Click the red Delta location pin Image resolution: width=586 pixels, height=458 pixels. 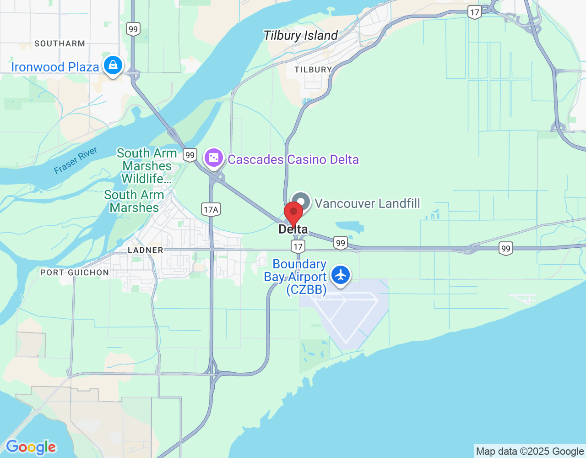pyautogui.click(x=293, y=213)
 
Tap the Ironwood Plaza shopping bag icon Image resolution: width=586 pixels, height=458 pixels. pyautogui.click(x=113, y=65)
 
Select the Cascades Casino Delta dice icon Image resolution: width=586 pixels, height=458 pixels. pyautogui.click(x=213, y=158)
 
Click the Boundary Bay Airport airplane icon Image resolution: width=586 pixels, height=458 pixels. pyautogui.click(x=341, y=276)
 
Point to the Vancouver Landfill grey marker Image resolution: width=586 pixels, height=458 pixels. pyautogui.click(x=301, y=202)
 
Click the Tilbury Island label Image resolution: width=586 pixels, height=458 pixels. pyautogui.click(x=300, y=36)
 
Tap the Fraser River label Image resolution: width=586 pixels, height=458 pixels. pyautogui.click(x=76, y=161)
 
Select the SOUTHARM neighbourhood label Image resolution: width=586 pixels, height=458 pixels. pyautogui.click(x=60, y=44)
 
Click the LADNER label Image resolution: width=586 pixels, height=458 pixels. pyautogui.click(x=145, y=250)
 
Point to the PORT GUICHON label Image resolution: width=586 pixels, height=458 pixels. pyautogui.click(x=75, y=273)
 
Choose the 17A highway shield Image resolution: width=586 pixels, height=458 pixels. pyautogui.click(x=211, y=210)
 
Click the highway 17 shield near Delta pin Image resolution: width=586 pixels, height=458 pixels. pyautogui.click(x=298, y=247)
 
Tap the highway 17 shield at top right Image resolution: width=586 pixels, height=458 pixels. pyautogui.click(x=475, y=12)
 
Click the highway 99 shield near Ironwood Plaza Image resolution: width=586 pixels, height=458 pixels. pyautogui.click(x=133, y=29)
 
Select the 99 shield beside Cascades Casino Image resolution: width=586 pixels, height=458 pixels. pyautogui.click(x=190, y=155)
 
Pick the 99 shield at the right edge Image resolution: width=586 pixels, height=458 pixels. pyautogui.click(x=505, y=249)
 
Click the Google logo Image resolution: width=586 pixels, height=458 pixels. pyautogui.click(x=31, y=447)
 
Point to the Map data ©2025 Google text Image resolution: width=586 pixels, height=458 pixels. pyautogui.click(x=530, y=452)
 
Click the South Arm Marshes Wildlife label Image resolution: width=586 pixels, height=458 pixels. pyautogui.click(x=146, y=166)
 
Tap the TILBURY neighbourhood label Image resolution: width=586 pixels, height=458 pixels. pyautogui.click(x=313, y=70)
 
